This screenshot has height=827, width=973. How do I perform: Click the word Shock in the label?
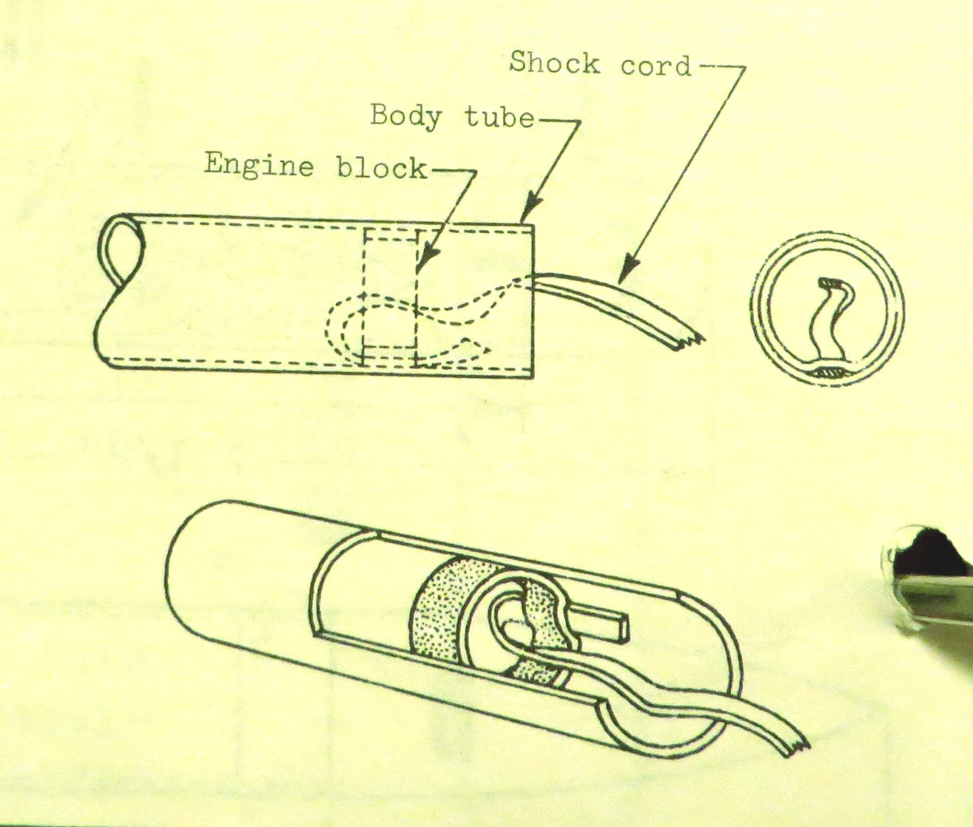click(x=554, y=63)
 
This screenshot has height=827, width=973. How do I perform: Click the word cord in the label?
click(x=656, y=65)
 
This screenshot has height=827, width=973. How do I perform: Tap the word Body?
click(x=406, y=116)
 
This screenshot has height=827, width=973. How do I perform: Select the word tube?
click(x=499, y=117)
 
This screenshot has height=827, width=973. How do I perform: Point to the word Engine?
click(x=258, y=164)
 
